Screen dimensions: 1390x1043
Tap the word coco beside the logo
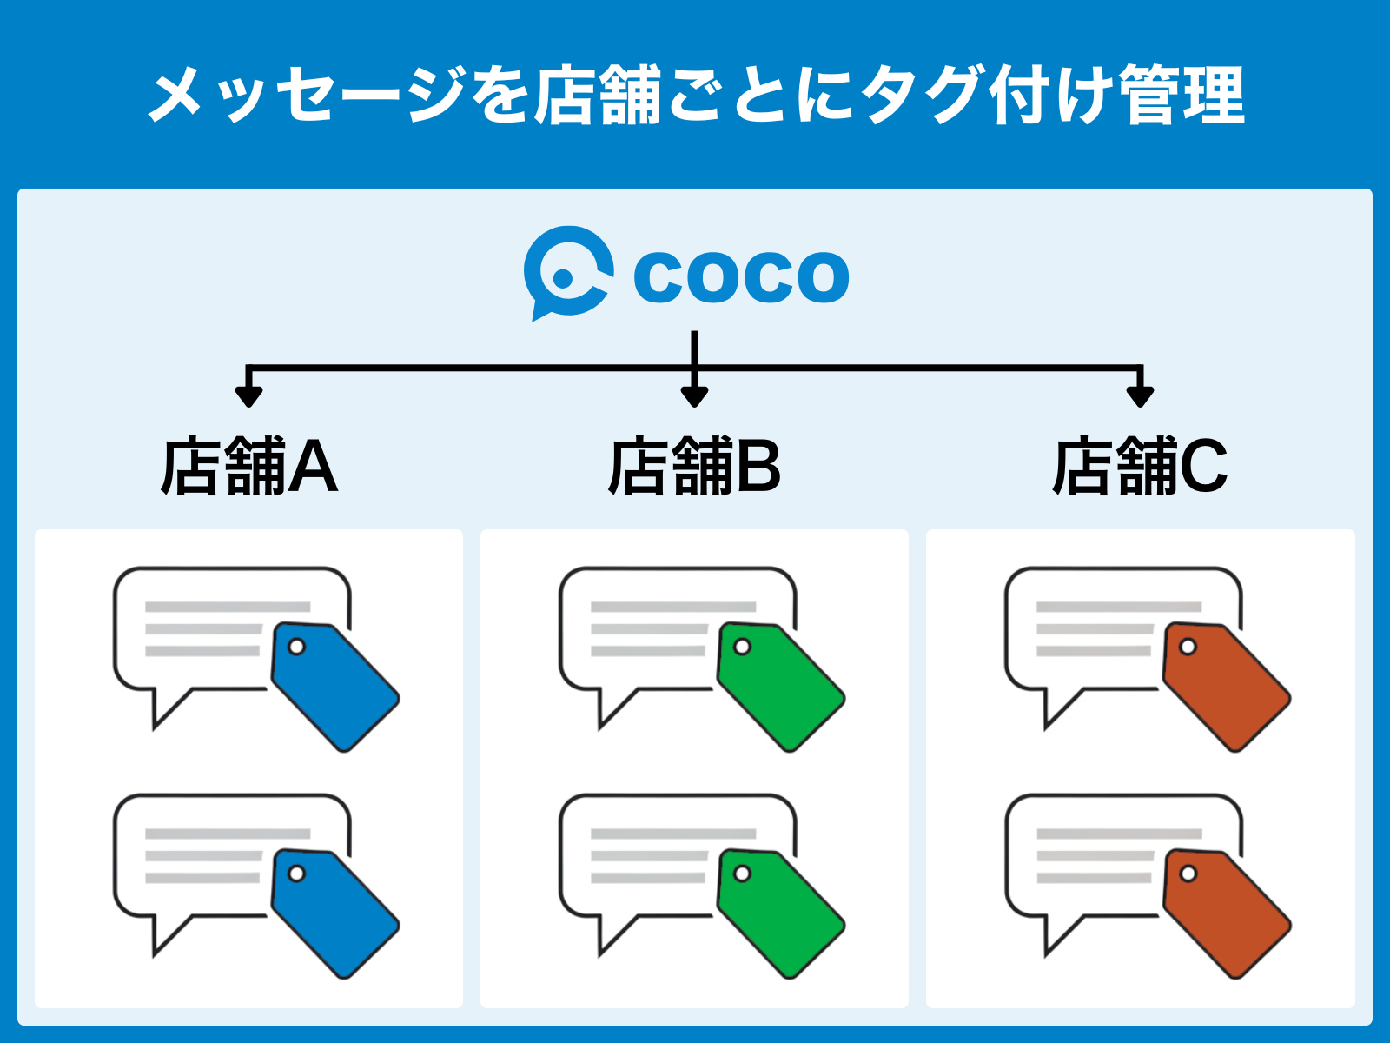[x=742, y=276]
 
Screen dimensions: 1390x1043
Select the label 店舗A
[x=249, y=466]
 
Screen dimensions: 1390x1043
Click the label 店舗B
[x=695, y=466]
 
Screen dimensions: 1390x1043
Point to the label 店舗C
[x=1141, y=466]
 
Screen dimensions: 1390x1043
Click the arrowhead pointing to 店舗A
[x=248, y=396]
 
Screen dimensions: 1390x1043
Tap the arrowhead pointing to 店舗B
[x=695, y=396]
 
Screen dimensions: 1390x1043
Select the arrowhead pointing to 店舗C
[x=1140, y=396]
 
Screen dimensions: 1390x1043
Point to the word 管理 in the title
[x=1181, y=95]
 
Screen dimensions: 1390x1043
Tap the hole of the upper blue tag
[x=296, y=647]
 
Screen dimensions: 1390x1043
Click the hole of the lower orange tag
[x=1188, y=874]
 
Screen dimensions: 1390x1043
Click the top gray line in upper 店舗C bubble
[x=1119, y=607]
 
